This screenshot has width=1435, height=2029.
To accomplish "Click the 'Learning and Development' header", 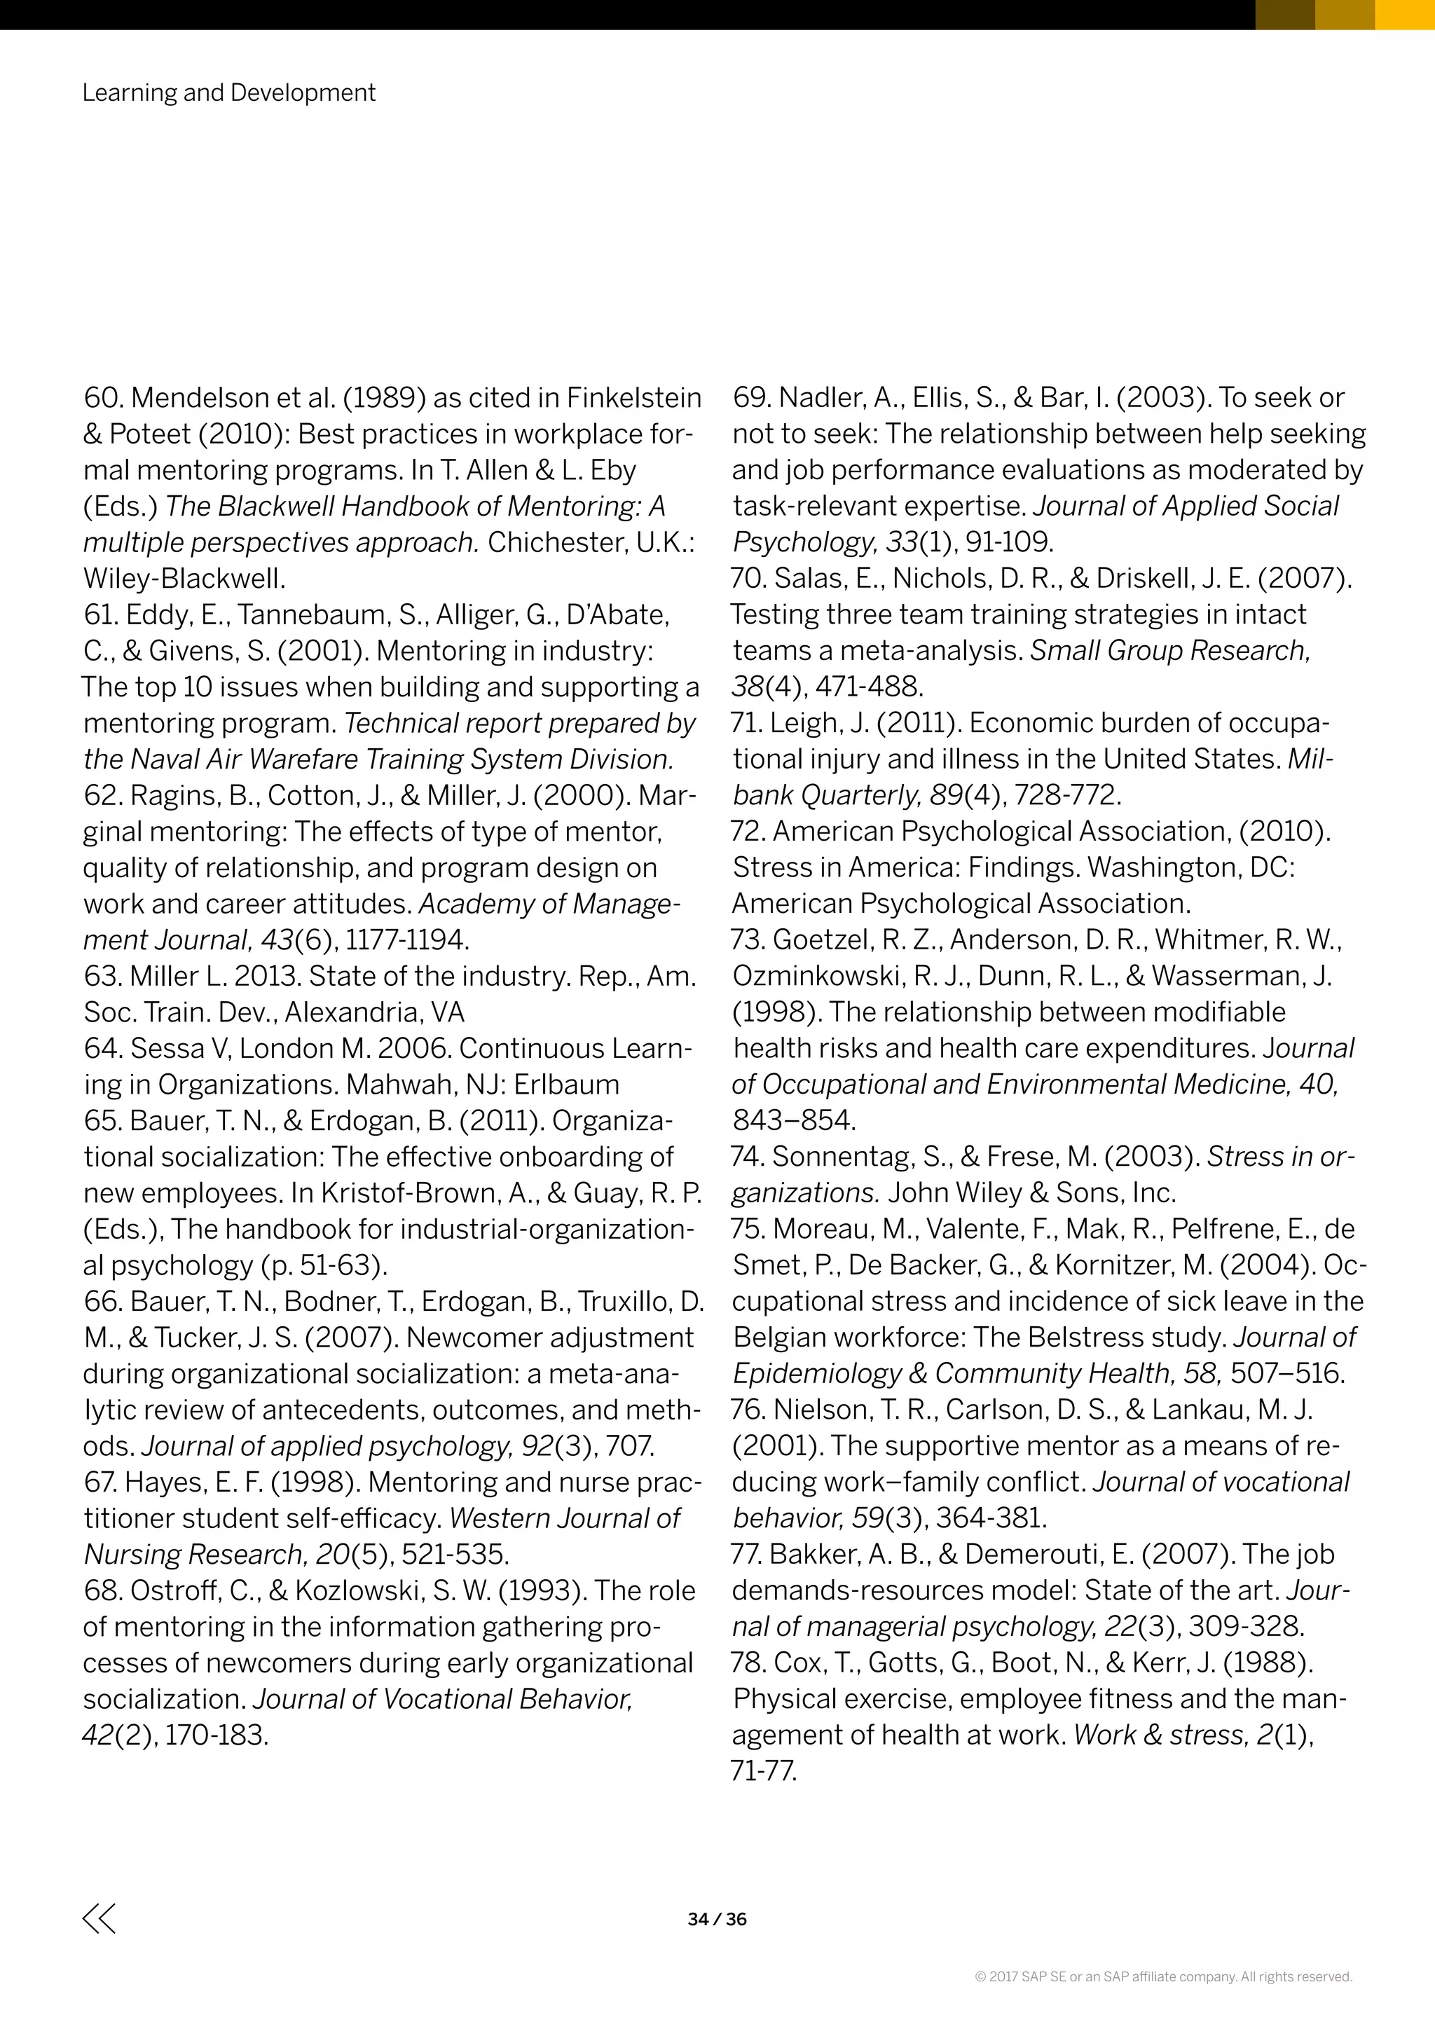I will [229, 92].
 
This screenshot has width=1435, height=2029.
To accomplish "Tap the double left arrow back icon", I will [99, 1918].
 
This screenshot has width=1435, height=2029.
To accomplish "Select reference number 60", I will [102, 399].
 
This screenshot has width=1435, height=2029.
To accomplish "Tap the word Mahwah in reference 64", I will [392, 1085].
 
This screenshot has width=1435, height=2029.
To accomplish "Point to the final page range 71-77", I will [764, 1772].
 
